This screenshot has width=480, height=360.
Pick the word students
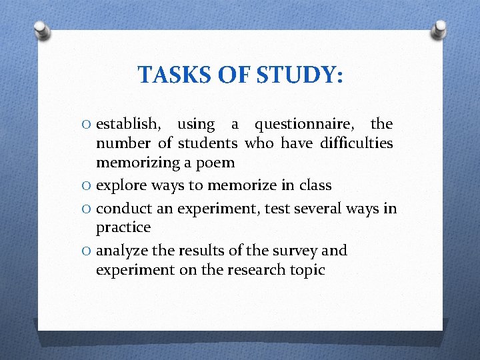pyautogui.click(x=208, y=143)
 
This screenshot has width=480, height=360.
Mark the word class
pyautogui.click(x=313, y=185)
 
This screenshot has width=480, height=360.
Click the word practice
pyautogui.click(x=123, y=227)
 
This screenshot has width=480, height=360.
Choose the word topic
pyautogui.click(x=304, y=269)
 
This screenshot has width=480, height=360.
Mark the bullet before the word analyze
pyautogui.click(x=87, y=251)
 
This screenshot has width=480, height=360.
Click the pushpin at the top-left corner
pyautogui.click(x=41, y=30)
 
